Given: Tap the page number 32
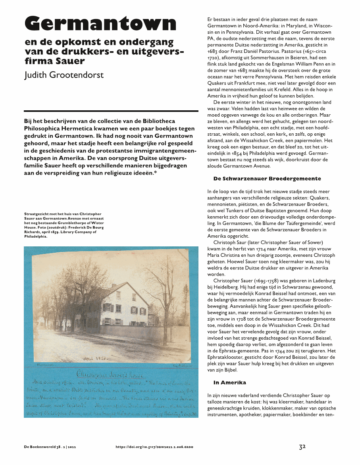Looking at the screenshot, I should [x=302, y=447].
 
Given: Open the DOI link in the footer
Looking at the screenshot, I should [x=154, y=447].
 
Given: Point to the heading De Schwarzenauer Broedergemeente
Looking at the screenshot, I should [x=267, y=179].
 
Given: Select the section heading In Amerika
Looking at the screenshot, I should [x=229, y=382].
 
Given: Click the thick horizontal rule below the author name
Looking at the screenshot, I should [x=111, y=111].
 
